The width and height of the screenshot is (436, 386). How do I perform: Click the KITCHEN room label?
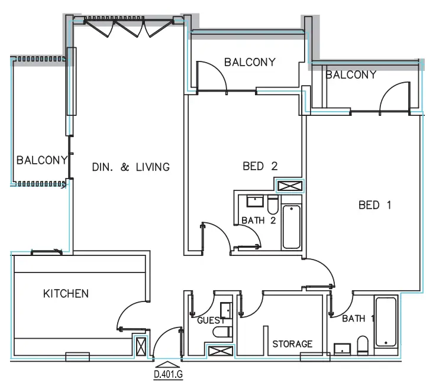66,293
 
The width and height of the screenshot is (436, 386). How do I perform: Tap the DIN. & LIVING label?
131,167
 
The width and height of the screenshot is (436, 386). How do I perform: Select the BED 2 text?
260,167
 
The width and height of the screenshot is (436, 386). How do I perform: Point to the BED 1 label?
375,205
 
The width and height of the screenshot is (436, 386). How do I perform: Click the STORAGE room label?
292,343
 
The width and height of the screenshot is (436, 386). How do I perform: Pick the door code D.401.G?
169,374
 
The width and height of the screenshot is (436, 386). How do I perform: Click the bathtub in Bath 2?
291,227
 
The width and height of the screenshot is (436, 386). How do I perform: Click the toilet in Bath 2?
273,205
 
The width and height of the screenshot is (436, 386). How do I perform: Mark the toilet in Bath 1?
363,345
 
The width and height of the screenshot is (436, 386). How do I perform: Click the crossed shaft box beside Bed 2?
290,186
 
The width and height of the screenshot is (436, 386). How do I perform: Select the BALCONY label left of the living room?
41,160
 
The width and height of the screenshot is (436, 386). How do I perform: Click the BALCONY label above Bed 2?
249,62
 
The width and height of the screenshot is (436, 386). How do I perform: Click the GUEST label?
211,320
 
